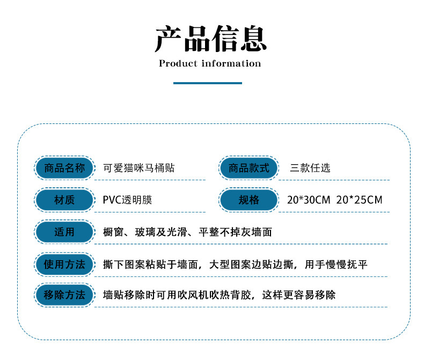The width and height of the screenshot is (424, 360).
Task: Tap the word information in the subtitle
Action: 231,63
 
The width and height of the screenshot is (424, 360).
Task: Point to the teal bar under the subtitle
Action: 208,83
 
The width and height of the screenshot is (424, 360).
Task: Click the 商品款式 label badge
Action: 249,168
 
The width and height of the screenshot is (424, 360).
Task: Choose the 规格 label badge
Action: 249,200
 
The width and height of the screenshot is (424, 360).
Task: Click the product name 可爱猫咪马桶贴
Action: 139,168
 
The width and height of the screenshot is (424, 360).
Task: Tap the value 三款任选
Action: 310,168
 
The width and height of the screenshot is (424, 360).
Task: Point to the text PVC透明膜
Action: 128,200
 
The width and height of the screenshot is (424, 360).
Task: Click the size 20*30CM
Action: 309,200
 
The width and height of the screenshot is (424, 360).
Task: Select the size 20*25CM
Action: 359,200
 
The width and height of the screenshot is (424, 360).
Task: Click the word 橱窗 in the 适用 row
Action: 112,232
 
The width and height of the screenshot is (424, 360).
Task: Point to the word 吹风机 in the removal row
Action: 178,295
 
